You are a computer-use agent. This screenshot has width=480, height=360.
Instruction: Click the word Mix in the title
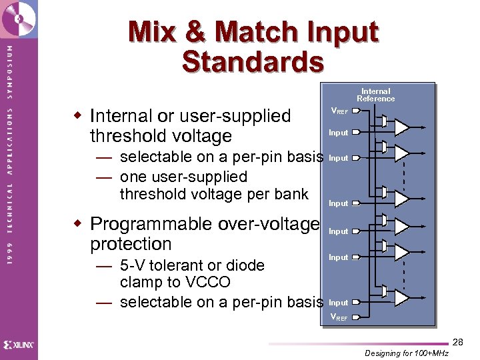(154, 32)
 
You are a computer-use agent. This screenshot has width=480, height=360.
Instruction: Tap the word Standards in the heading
(253, 62)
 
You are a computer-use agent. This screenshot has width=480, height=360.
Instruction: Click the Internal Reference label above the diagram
(375, 95)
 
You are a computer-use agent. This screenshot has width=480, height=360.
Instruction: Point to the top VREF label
(339, 111)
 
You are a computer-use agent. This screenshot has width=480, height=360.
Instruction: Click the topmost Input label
(339, 133)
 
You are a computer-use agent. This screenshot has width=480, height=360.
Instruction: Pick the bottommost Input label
(339, 303)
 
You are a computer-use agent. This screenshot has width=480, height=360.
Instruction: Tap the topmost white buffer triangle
(402, 127)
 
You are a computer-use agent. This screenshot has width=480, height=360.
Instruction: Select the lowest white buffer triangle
(402, 297)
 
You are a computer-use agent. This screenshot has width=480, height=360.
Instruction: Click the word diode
(245, 265)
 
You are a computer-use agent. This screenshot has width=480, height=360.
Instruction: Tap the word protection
(131, 244)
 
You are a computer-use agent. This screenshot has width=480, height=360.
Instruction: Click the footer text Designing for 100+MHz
(406, 353)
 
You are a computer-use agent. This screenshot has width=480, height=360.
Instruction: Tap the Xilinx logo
(19, 345)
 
